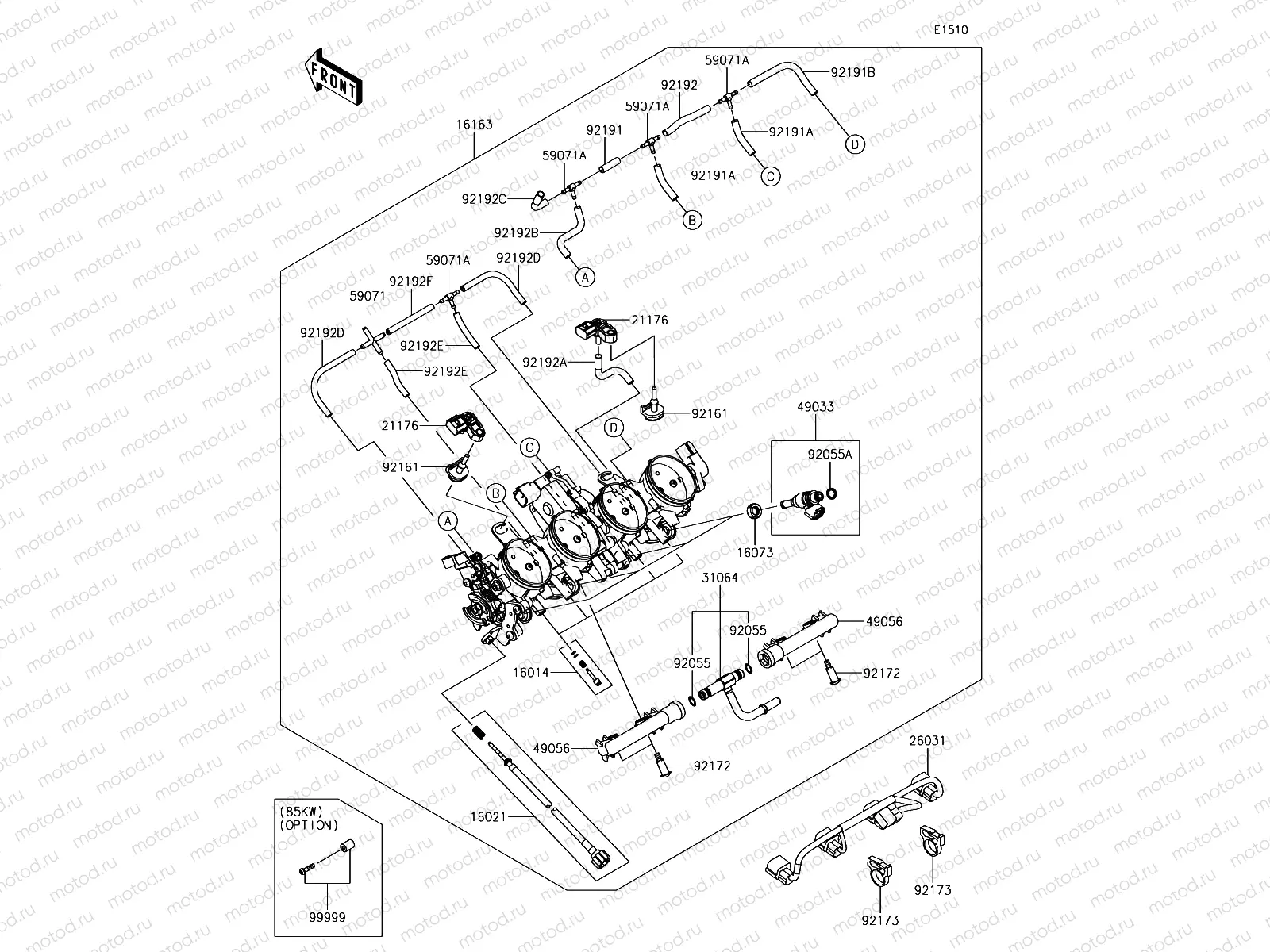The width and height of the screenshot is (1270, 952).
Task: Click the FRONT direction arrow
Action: [x=334, y=77]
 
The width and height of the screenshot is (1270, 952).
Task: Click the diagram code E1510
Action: [x=951, y=30]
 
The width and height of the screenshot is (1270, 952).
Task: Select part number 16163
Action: [x=475, y=125]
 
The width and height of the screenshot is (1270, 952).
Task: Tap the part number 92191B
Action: [x=852, y=72]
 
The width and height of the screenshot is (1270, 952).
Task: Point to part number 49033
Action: [x=815, y=406]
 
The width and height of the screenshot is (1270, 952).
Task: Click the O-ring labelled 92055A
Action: [x=832, y=494]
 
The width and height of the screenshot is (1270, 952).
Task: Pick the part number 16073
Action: [x=755, y=553]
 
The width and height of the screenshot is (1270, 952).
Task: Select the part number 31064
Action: [x=720, y=578]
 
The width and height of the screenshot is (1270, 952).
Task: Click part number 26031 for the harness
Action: [x=927, y=740]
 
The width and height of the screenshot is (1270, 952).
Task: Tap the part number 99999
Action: [x=327, y=917]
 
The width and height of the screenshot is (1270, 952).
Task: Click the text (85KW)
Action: [x=302, y=812]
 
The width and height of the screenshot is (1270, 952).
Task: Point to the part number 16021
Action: [x=488, y=817]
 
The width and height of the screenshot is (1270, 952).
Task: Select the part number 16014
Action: [x=530, y=672]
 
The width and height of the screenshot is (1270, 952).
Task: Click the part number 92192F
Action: [x=410, y=282]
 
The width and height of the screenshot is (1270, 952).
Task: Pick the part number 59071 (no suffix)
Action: [x=368, y=296]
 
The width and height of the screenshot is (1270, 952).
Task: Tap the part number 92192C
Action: [x=483, y=199]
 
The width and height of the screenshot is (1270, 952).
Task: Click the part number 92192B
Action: [x=516, y=233]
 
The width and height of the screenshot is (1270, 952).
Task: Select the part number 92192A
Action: [x=545, y=363]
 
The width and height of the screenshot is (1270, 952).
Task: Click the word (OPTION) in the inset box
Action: [x=309, y=825]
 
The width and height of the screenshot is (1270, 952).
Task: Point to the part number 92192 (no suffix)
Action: [x=679, y=85]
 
